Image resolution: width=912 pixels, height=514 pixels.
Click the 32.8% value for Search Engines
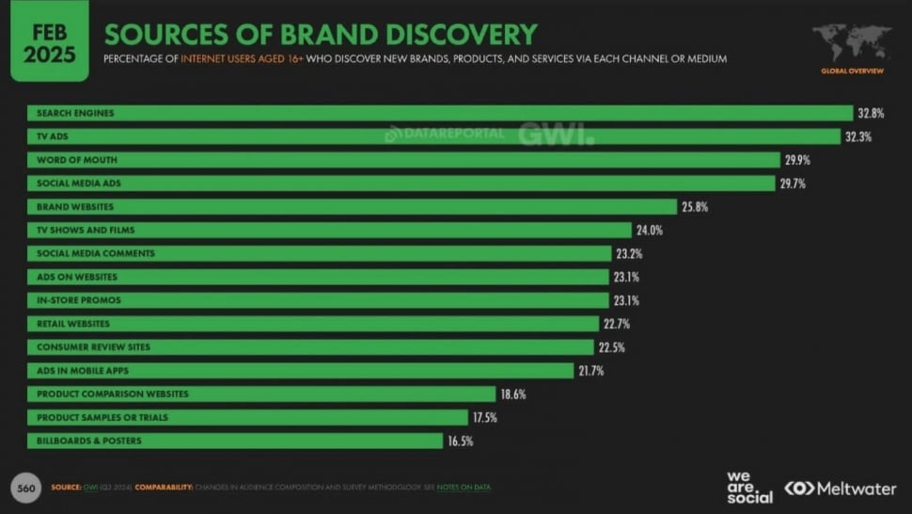(x=869, y=114)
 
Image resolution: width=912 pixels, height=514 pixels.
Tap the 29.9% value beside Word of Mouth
(x=796, y=160)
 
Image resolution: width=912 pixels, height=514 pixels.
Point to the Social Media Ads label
(x=78, y=184)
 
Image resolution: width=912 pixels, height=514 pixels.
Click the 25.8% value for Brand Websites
(x=693, y=207)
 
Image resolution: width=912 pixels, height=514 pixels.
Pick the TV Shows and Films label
(x=86, y=230)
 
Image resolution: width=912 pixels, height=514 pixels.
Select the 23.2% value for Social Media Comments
(x=628, y=254)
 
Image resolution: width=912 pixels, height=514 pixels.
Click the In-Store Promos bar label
(x=79, y=300)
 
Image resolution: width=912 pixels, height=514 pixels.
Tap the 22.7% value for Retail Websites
(x=615, y=324)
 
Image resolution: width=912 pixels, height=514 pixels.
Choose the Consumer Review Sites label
(x=93, y=347)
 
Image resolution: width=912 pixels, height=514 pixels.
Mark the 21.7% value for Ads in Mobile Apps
(x=590, y=371)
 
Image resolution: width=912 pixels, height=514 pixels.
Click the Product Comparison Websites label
(x=112, y=394)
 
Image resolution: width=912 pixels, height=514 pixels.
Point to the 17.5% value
(x=486, y=417)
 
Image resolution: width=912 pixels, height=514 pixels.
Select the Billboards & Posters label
(x=89, y=441)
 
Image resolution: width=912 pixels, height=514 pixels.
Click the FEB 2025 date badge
(x=49, y=41)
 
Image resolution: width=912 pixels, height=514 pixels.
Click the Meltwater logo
(x=842, y=488)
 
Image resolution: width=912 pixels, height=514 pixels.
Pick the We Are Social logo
(x=749, y=486)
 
